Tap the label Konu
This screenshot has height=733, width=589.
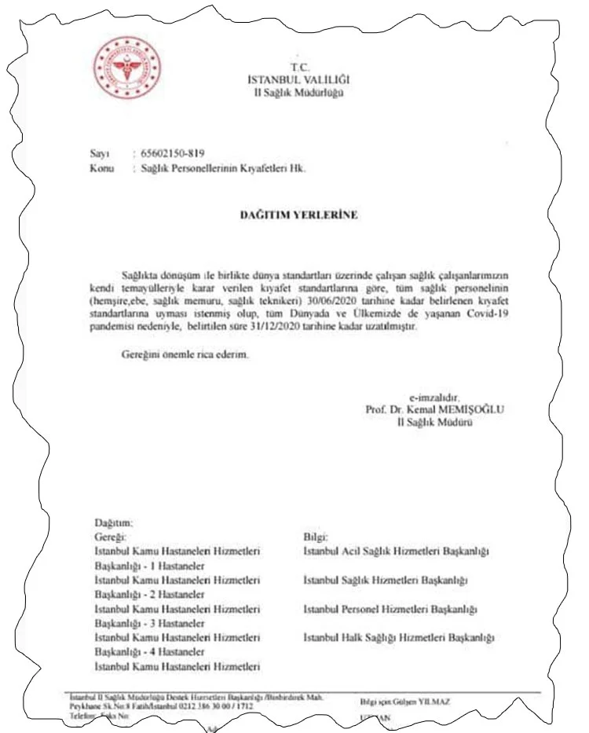pyautogui.click(x=103, y=168)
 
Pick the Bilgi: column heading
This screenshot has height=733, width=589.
pyautogui.click(x=316, y=537)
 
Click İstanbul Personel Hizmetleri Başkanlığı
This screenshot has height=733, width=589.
pyautogui.click(x=390, y=609)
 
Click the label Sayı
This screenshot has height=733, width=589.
pyautogui.click(x=100, y=153)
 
